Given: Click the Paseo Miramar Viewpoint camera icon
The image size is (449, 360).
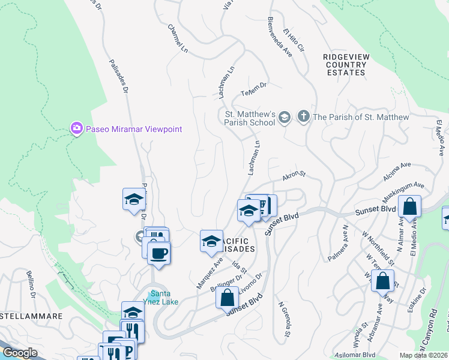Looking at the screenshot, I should pos(76,128).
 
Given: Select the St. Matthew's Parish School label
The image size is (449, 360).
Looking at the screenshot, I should pos(250,118).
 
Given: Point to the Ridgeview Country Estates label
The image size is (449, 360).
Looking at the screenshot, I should pos(345,64).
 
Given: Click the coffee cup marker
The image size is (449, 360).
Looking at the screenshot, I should pos(158,253).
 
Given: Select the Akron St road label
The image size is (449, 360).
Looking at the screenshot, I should pos(294,176).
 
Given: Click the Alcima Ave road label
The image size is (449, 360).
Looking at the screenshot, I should pos(397,171).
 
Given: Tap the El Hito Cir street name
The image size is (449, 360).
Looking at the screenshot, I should pos(294,41).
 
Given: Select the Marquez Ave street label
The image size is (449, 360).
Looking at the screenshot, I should pos(209,273).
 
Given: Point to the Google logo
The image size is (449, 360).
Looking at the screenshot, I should pos(20,353).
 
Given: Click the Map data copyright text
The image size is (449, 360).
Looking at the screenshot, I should pos(423,355).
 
